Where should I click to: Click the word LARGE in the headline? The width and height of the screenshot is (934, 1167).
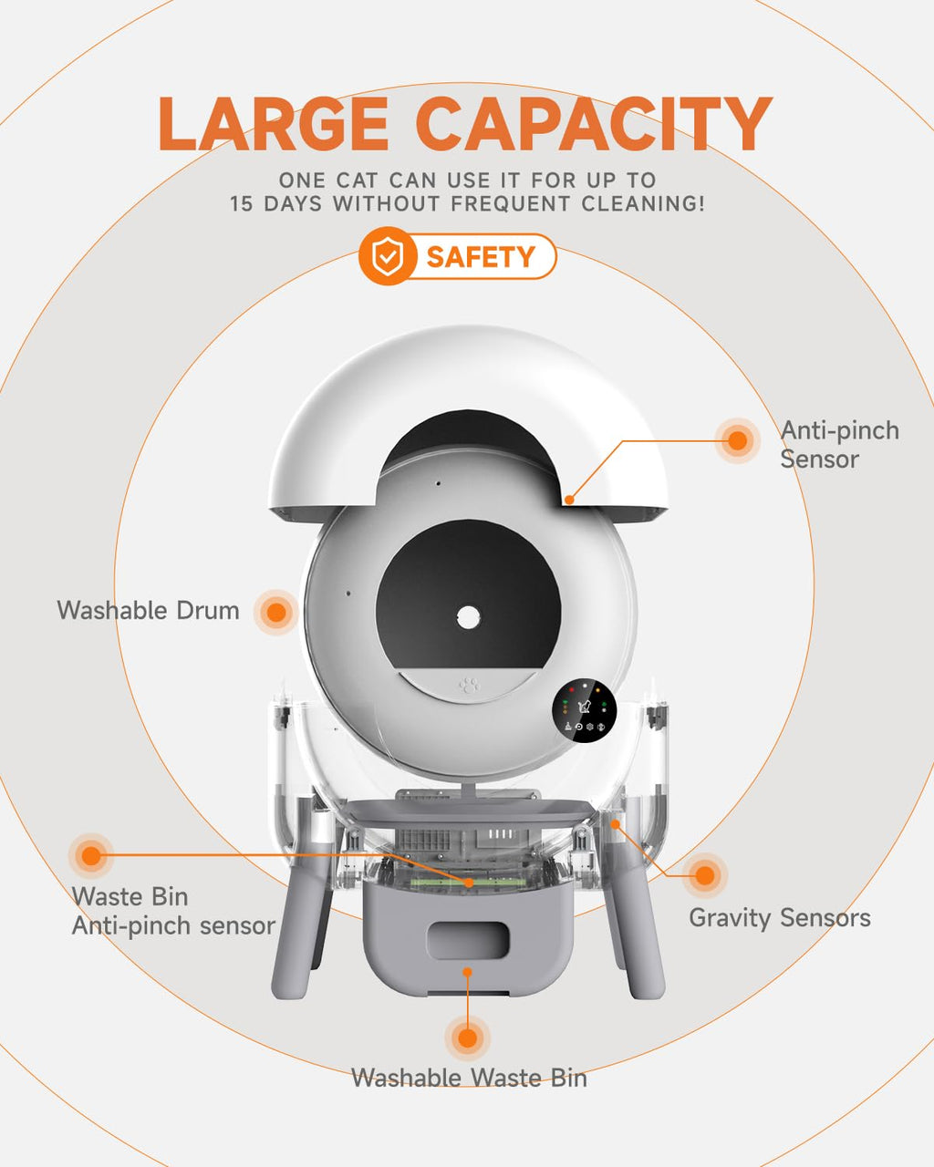point(273,124)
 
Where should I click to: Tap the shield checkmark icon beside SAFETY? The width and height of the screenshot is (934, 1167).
point(388,256)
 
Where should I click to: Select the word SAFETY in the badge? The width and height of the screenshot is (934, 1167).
point(481,256)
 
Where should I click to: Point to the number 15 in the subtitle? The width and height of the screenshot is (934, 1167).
point(241,204)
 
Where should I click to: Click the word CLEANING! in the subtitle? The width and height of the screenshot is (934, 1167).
point(643,204)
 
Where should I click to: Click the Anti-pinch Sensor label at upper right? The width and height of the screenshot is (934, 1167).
point(839,445)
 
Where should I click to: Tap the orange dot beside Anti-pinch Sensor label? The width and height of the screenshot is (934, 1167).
point(737,440)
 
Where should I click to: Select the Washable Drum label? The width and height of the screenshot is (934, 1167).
point(148,611)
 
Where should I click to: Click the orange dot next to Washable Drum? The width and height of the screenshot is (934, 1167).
point(276,613)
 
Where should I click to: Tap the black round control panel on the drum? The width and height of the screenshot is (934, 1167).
point(585,711)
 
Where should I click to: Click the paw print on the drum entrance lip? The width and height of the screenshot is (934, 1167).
point(470,686)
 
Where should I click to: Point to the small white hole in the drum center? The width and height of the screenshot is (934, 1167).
point(468,617)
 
